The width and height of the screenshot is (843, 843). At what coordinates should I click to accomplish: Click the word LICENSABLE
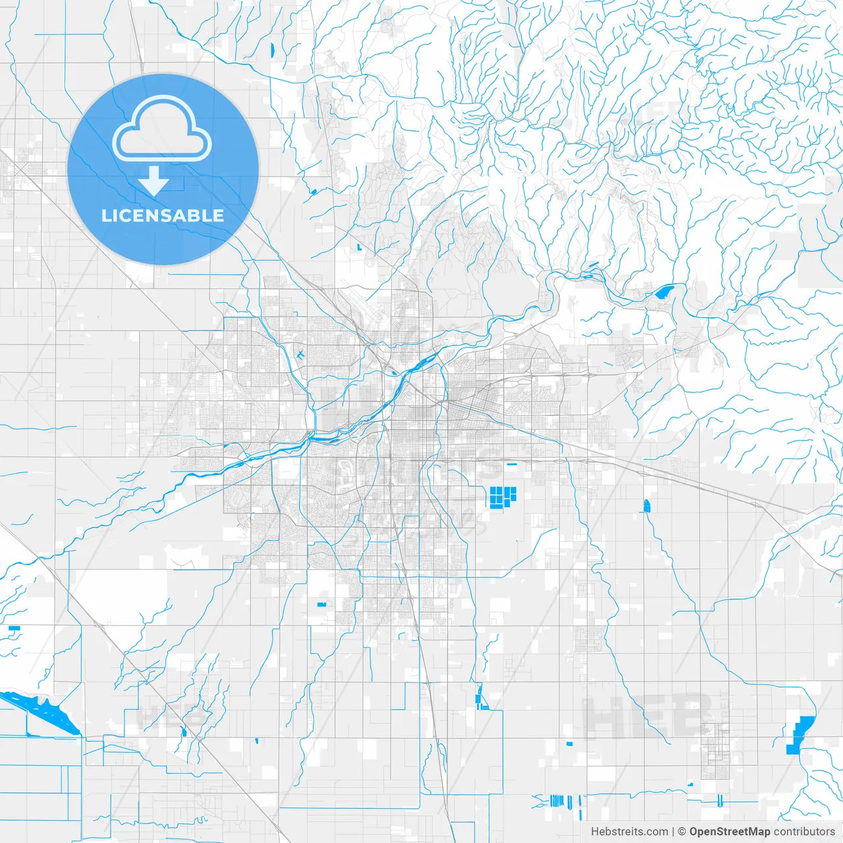pos(163,215)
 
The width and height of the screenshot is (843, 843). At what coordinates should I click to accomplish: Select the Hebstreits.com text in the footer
pos(629,832)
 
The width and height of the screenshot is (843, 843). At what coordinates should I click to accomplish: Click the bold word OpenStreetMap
pos(729,832)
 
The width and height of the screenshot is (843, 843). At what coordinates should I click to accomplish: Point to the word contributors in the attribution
pos(804,832)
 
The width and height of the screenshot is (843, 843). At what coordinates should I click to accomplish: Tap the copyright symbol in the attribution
pos(682,832)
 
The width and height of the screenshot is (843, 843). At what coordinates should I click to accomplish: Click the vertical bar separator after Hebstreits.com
pos(672,832)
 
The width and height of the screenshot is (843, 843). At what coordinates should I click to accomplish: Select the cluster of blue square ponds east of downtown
pos(502,496)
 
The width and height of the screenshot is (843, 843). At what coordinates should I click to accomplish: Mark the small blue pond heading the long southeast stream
pos(647,506)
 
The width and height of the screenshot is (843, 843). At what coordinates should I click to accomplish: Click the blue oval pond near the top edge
pos(271,48)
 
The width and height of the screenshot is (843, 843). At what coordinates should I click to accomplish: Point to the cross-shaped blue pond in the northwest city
pos(300,355)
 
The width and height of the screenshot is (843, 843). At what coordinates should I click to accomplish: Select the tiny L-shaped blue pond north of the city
pos(359,247)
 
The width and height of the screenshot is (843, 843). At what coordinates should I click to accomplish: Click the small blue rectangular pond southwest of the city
pos(322,604)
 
